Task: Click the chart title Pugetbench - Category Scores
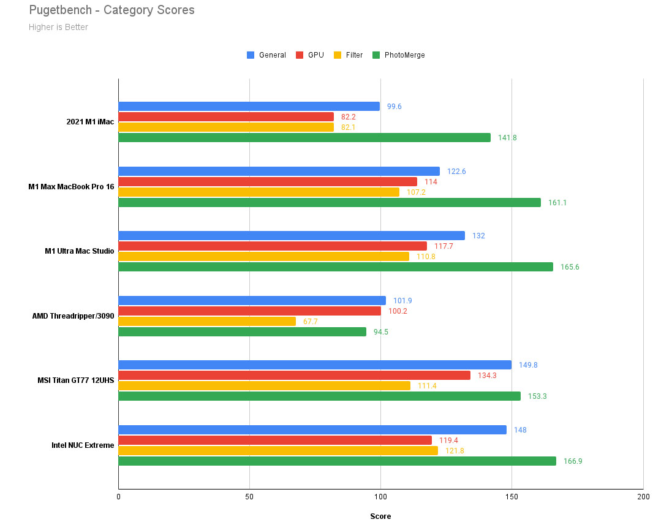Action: [111, 10]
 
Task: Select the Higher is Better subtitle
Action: [58, 27]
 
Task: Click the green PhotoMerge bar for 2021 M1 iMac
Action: [304, 138]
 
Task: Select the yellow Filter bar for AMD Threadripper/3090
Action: [207, 321]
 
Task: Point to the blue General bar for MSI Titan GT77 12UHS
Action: [315, 365]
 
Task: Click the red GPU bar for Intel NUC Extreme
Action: [275, 441]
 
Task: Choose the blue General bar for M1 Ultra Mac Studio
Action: [292, 236]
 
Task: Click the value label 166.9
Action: [573, 461]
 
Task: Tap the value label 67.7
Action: [311, 321]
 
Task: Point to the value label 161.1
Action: [557, 203]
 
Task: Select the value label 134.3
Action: [487, 376]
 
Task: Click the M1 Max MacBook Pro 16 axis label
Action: [71, 187]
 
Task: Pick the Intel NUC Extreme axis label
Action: [83, 445]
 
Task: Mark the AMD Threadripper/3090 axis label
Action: [73, 316]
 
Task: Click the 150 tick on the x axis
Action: [512, 497]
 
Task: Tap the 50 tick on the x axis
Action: [249, 497]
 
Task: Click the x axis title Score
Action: [380, 516]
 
